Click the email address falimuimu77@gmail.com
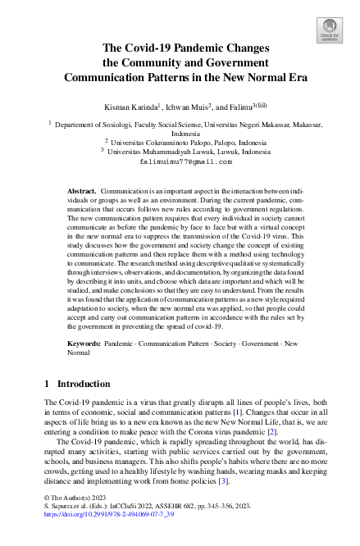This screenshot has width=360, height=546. pyautogui.click(x=180, y=162)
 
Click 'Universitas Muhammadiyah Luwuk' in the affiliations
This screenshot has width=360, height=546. pyautogui.click(x=174, y=152)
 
